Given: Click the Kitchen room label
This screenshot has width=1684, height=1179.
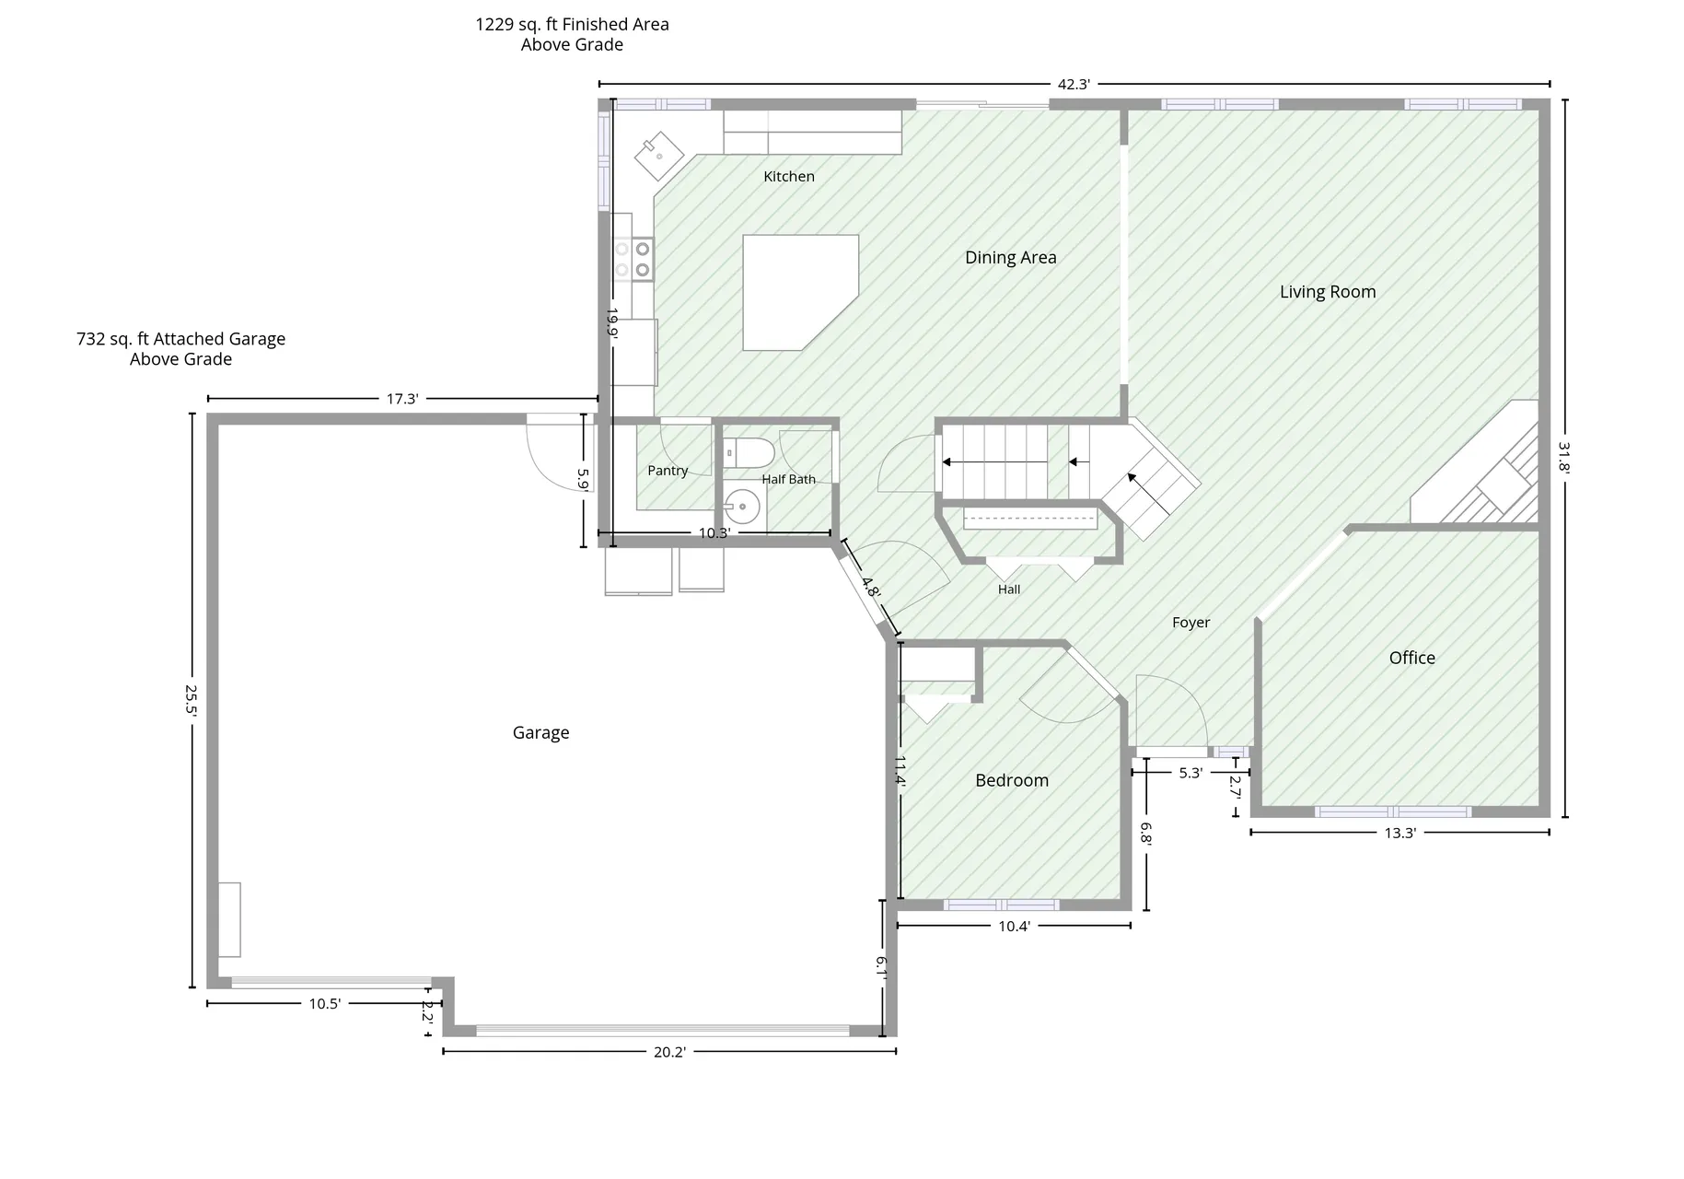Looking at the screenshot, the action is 789,176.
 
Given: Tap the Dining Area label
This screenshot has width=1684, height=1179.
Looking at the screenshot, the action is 1010,258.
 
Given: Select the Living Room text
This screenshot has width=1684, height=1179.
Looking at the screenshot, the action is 1328,292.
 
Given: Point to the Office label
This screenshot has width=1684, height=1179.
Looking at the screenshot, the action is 1411,658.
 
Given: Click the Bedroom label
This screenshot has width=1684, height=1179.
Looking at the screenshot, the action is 1012,780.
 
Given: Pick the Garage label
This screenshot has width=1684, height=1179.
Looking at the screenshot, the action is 540,733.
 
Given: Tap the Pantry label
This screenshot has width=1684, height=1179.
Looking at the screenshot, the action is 668,471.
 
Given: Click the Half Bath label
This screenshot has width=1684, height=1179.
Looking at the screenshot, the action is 788,479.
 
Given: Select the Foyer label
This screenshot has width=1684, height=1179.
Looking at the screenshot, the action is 1190,623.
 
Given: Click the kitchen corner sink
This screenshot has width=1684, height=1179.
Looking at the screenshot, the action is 659,156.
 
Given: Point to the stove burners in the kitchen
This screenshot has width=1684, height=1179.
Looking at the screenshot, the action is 633,259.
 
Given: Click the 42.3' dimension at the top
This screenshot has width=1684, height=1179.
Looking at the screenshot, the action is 1074,85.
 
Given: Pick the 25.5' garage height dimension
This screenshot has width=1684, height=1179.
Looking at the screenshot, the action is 191,699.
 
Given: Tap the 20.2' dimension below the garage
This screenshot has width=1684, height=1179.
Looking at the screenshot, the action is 669,1052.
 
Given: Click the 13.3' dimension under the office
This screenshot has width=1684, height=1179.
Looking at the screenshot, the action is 1399,834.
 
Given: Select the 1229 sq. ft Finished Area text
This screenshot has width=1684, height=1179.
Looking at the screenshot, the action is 572,25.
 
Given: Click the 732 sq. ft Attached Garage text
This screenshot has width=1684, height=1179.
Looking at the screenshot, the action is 180,339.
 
